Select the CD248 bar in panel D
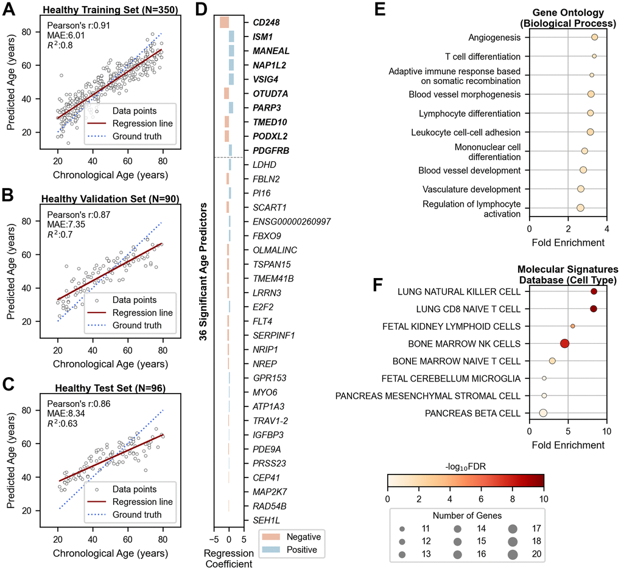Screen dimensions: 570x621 pos(224,22)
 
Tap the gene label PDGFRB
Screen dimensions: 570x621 pos(271,150)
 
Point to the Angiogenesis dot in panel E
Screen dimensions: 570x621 pos(594,38)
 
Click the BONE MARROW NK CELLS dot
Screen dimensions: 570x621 pos(564,344)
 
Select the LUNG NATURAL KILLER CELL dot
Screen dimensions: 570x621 pos(594,292)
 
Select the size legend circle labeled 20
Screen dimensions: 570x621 pos(512,553)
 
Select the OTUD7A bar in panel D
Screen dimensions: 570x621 pos(226,93)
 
